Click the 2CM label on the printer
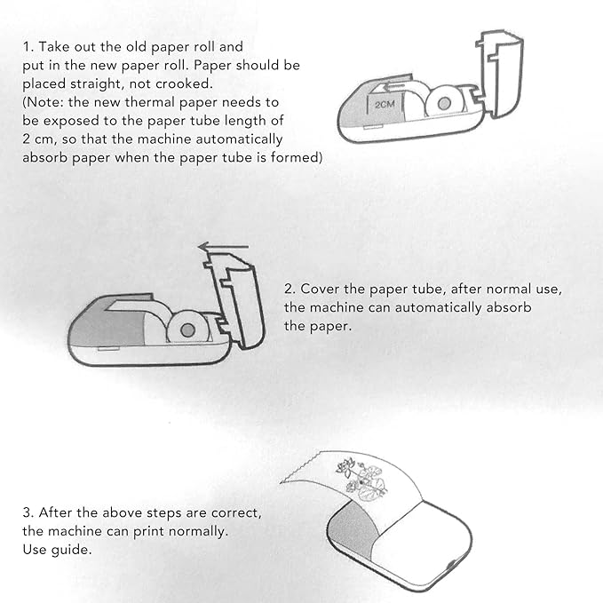coord(385,105)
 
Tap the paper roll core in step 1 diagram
coord(444,103)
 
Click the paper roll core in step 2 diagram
coord(187,330)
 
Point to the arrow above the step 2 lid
coord(224,246)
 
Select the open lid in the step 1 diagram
coord(500,73)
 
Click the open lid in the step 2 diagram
coord(235,300)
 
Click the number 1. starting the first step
coord(28,47)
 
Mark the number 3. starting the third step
coord(28,512)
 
